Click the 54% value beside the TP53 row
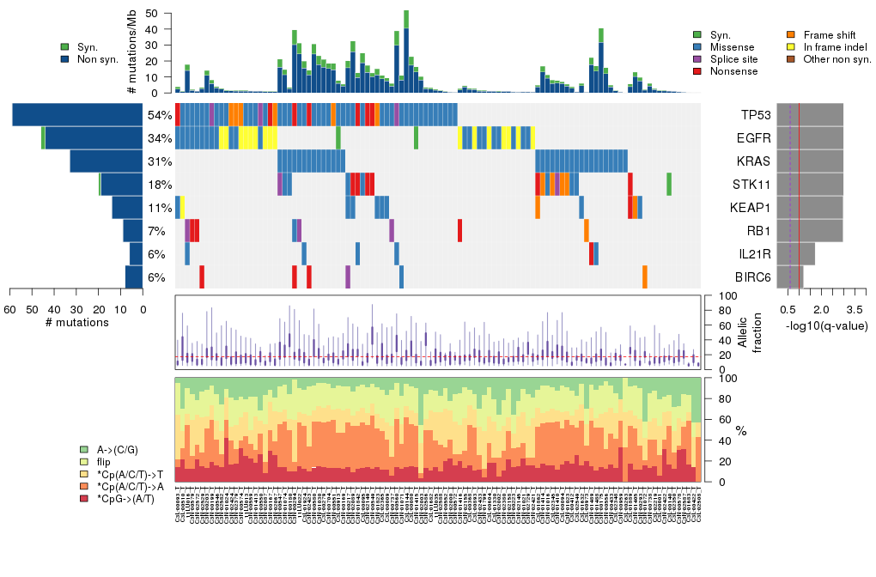[160, 115]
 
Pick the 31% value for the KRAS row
[160, 161]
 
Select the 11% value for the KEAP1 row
[160, 208]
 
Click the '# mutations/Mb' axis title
[132, 53]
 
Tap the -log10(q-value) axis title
[827, 325]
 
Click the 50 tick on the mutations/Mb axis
[151, 14]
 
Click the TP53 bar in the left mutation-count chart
[77, 115]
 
